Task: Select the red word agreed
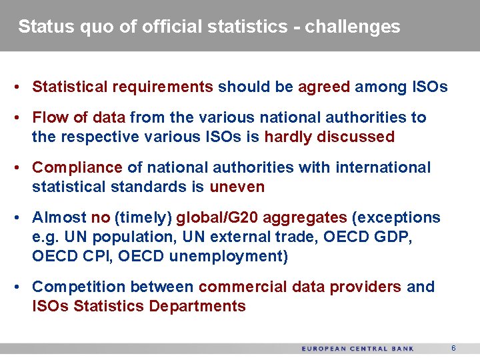pos(324,87)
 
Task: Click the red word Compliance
pos(77,167)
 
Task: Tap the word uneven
pos(237,187)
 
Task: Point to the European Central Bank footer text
pos(358,349)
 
